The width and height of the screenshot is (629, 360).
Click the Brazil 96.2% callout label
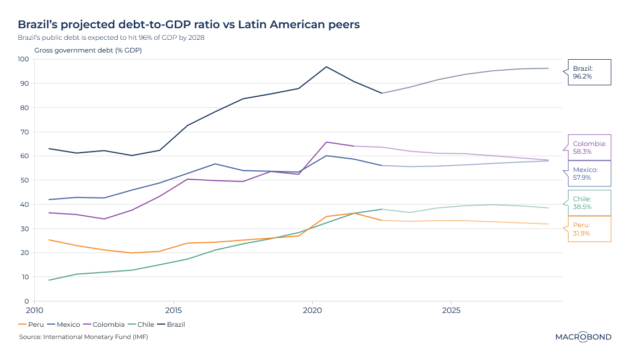(x=589, y=72)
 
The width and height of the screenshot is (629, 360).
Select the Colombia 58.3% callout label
(x=589, y=147)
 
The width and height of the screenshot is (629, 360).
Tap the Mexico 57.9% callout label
(x=589, y=174)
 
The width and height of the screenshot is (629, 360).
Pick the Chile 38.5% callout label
(x=589, y=203)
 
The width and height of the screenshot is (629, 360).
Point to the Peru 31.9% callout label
(x=589, y=229)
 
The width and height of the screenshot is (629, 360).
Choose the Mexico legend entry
(x=64, y=325)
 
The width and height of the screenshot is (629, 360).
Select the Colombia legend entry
(x=103, y=325)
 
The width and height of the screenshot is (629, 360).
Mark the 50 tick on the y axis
(x=24, y=180)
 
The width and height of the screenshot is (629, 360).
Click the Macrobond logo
(x=583, y=337)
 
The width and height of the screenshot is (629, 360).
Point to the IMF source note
(x=83, y=337)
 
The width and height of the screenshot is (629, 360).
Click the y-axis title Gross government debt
(x=88, y=50)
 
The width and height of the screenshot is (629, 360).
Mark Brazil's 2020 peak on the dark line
(x=326, y=67)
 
